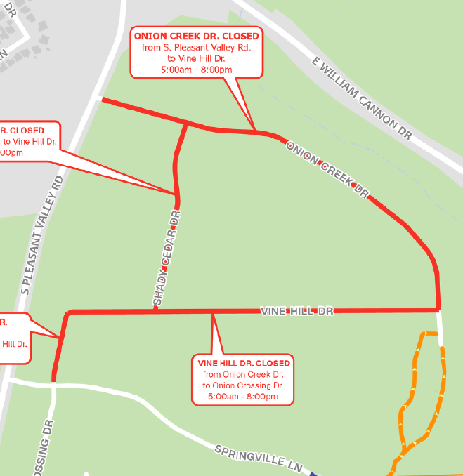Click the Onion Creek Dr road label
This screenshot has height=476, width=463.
[327, 169]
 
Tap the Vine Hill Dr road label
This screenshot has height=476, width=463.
[296, 310]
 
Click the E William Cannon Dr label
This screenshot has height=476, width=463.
[362, 98]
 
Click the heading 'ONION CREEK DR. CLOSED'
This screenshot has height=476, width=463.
[196, 36]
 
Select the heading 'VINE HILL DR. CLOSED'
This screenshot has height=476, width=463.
[243, 364]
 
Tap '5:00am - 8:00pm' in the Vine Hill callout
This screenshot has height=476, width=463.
[243, 397]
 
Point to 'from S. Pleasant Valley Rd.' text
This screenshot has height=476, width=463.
[196, 47]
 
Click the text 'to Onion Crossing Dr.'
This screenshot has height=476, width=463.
[243, 386]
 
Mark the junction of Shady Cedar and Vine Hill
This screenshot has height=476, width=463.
[156, 310]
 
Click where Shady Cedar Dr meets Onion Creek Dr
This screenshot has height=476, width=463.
[186, 124]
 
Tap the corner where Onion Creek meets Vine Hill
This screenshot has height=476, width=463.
[438, 309]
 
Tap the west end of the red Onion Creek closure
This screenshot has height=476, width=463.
[104, 100]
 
